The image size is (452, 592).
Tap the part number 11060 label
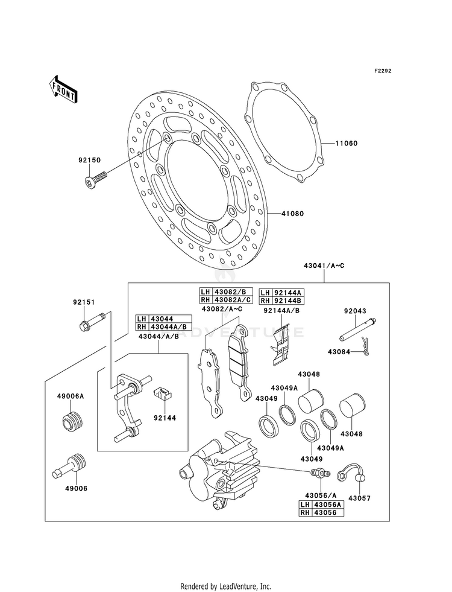tap(347, 144)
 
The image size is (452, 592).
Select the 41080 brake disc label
tap(292, 214)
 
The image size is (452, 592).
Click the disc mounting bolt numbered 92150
tap(95, 180)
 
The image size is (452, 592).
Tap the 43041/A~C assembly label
tap(324, 266)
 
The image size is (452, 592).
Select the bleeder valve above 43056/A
tap(319, 473)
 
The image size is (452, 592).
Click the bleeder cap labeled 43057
tap(353, 474)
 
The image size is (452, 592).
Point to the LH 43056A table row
tap(322, 504)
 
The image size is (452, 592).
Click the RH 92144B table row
tap(281, 301)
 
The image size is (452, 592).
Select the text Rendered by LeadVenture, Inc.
tap(226, 587)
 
